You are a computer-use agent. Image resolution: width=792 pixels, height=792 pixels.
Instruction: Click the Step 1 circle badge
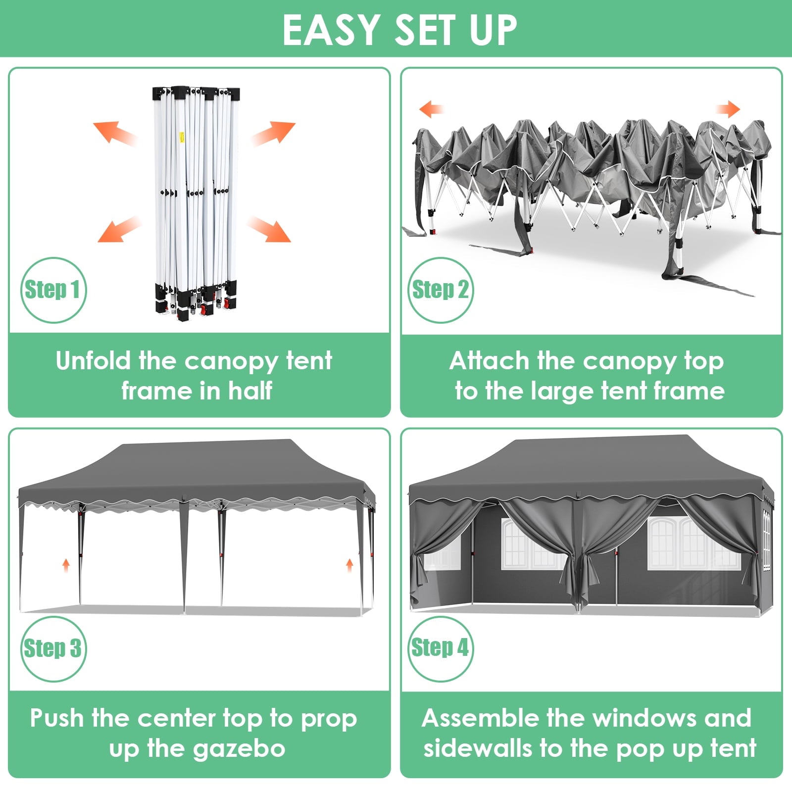(x=53, y=290)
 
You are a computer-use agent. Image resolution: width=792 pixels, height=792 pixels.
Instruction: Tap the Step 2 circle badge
(x=440, y=290)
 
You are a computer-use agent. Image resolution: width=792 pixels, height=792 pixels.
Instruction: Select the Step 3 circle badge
(x=53, y=648)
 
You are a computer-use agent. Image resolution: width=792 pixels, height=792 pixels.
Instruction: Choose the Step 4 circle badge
(x=440, y=648)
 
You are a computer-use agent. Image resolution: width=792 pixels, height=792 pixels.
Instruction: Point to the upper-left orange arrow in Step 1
(x=115, y=133)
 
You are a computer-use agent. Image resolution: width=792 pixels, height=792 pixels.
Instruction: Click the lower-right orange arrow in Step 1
(x=268, y=229)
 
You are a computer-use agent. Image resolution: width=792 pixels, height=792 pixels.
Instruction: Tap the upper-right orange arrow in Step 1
(x=273, y=134)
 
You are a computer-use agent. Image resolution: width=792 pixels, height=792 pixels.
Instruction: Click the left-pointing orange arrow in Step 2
(x=431, y=109)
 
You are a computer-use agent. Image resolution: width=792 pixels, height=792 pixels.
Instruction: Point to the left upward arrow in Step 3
(x=66, y=565)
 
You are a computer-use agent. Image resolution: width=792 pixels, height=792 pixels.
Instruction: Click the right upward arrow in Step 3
(x=349, y=565)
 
